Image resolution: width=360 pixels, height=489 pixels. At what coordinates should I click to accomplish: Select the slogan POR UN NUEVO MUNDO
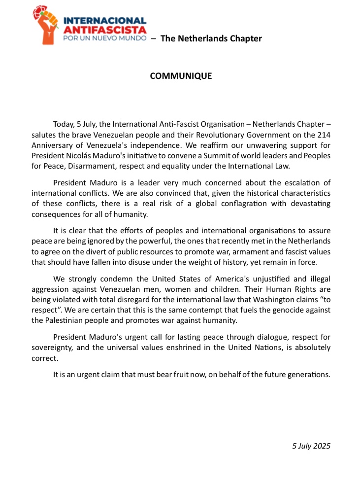coord(105,38)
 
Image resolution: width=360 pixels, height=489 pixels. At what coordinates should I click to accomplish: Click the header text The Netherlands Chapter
coord(211,38)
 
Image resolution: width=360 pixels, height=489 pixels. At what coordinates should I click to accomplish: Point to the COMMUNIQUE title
coord(181,76)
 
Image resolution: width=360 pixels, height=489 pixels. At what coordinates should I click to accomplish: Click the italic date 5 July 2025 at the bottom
coord(311,446)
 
